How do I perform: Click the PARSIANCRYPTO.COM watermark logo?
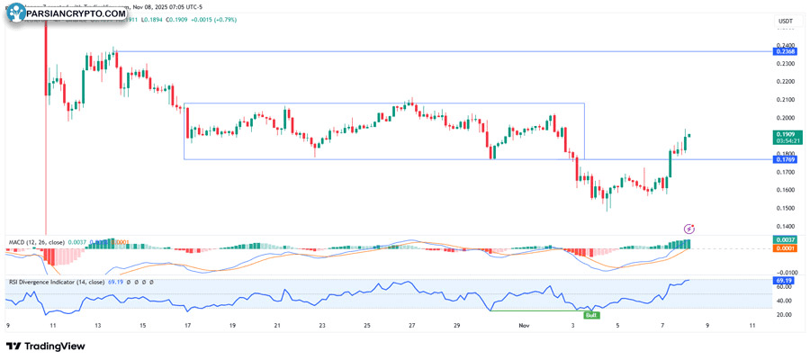(67, 13)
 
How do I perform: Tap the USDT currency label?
(785, 21)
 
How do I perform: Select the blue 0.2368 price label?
(785, 52)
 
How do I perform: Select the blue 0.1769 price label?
(785, 159)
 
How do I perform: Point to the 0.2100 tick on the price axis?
(785, 100)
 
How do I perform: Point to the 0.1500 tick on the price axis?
(785, 208)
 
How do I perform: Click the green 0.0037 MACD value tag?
(785, 239)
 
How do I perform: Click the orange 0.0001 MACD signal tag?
(785, 248)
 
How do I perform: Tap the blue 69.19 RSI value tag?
(785, 281)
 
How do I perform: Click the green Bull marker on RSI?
(591, 315)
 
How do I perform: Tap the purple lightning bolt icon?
(689, 229)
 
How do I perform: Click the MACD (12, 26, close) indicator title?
(36, 242)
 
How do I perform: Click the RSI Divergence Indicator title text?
(56, 282)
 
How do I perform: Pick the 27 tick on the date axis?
(411, 326)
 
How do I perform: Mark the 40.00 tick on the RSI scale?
(785, 301)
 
